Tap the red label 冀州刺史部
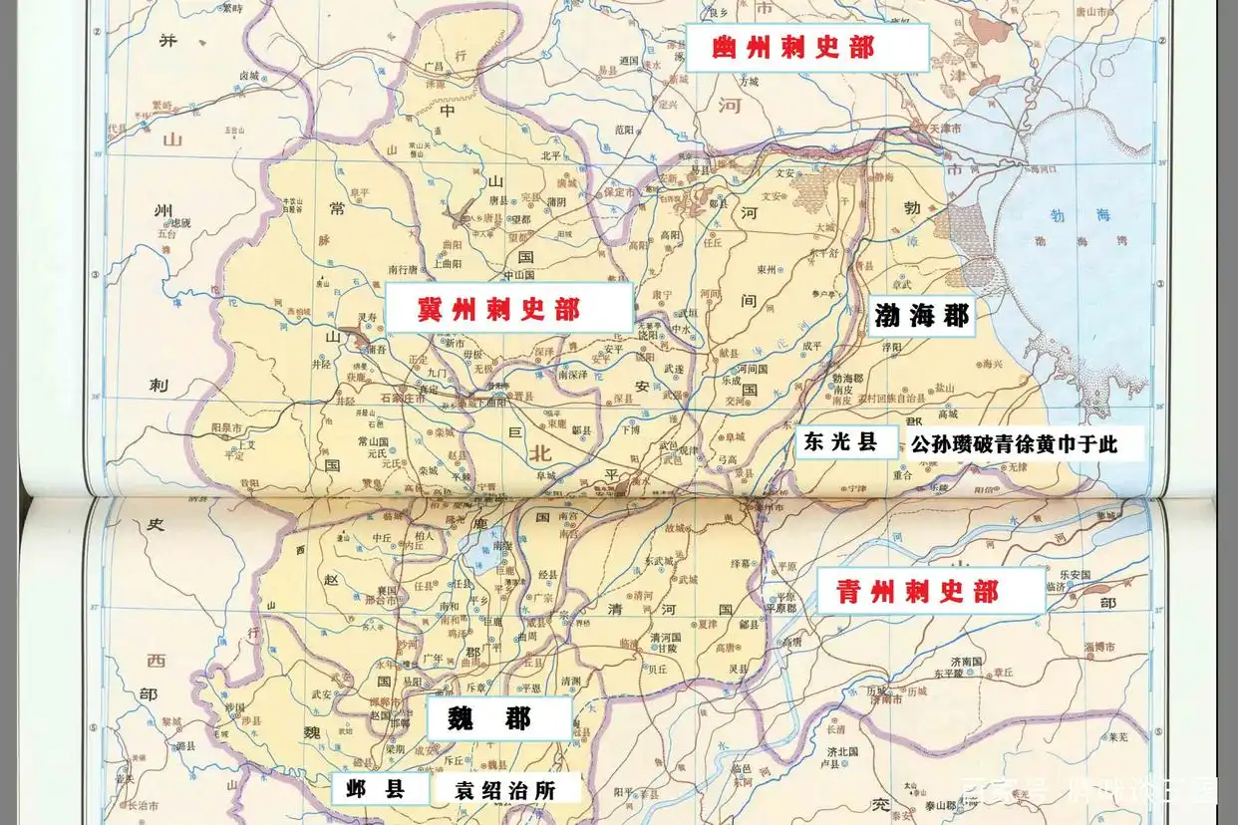click(x=498, y=310)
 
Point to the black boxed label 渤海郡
click(x=921, y=316)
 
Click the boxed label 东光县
click(x=842, y=442)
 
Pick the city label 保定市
click(x=624, y=193)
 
